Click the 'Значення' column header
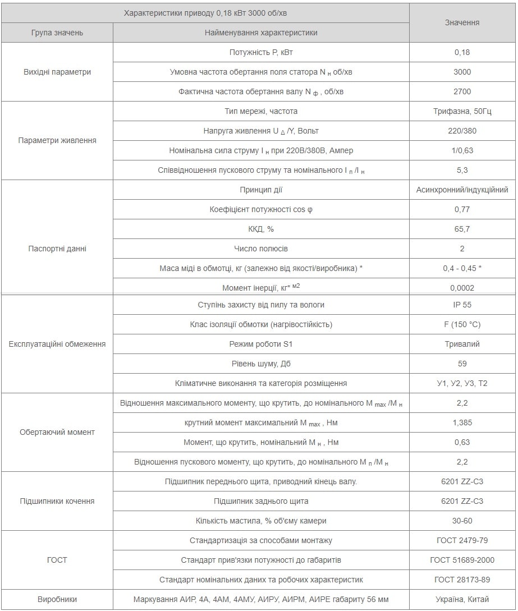(x=462, y=22)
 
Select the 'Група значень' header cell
(x=57, y=33)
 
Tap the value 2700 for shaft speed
(x=462, y=91)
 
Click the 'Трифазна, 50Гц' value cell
(x=462, y=111)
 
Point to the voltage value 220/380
(x=462, y=131)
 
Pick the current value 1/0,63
(x=462, y=150)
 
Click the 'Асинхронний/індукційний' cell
(x=462, y=190)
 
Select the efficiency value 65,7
(x=462, y=229)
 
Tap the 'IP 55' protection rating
(x=462, y=305)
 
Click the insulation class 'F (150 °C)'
(x=462, y=324)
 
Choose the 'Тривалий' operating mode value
(x=462, y=344)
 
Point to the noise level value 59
(x=462, y=364)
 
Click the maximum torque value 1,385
(x=462, y=422)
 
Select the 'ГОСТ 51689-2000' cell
(x=462, y=560)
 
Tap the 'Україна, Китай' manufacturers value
(x=462, y=599)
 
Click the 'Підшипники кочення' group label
(x=57, y=501)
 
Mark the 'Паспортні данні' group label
(x=57, y=249)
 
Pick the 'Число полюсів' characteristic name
(x=260, y=249)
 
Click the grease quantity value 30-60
(x=462, y=521)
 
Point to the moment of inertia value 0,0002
(x=462, y=288)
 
